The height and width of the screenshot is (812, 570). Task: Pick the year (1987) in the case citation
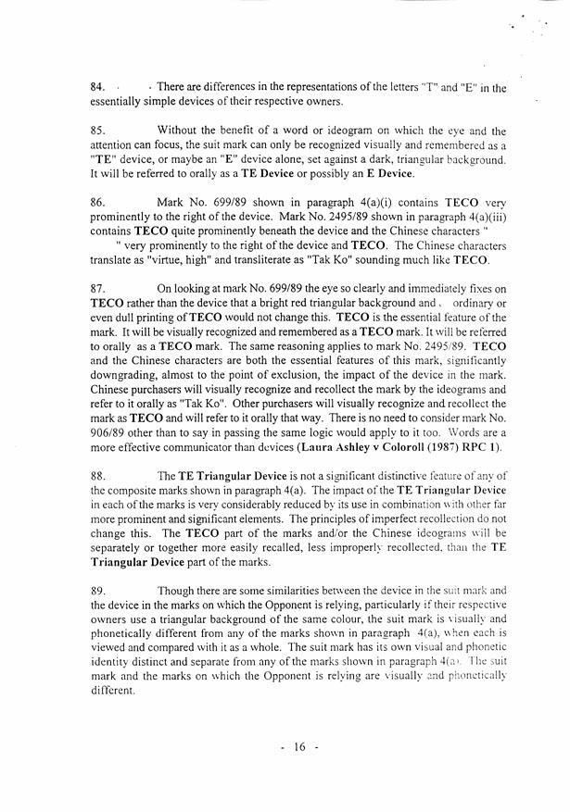(x=450, y=448)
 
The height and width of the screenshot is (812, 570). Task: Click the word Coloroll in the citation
(x=401, y=448)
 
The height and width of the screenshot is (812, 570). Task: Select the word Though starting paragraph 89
(x=176, y=591)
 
